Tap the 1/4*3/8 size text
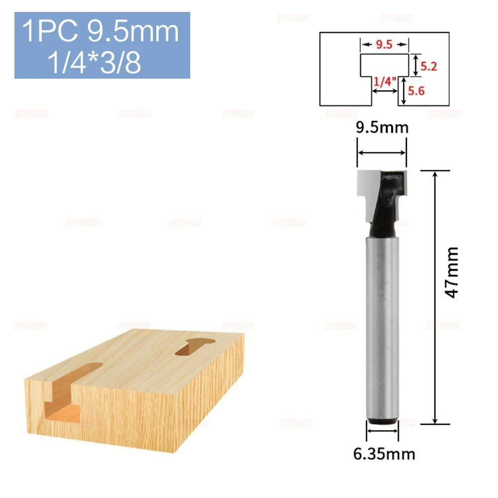[x=95, y=63]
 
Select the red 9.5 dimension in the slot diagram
[x=384, y=45]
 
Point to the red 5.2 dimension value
[x=429, y=65]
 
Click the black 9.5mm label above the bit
[x=382, y=127]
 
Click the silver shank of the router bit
[x=382, y=324]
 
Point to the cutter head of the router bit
[x=382, y=199]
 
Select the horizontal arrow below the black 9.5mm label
[x=382, y=153]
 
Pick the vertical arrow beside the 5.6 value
[x=404, y=91]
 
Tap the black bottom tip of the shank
[x=382, y=421]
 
